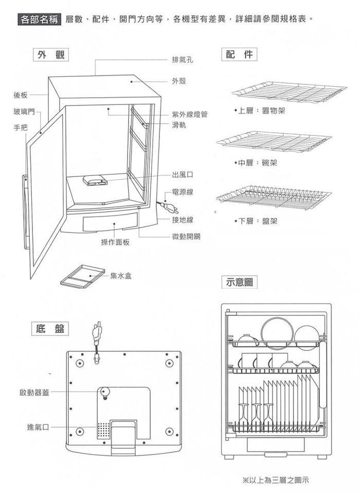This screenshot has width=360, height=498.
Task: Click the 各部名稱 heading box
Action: pos(39,20)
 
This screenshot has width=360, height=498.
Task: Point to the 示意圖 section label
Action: pos(239,282)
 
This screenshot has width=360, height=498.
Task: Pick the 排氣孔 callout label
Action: pos(182,60)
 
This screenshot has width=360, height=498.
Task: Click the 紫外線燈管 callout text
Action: pos(190,114)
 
